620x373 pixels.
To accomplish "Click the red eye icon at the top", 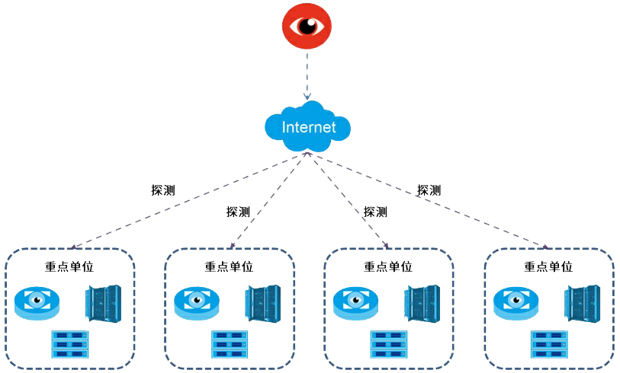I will point(307,26).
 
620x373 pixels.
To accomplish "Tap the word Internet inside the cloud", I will point(308,127).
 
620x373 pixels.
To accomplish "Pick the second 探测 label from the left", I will point(237,212).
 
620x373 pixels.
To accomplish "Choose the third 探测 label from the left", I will point(374,212).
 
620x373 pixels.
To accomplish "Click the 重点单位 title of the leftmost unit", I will point(69,267).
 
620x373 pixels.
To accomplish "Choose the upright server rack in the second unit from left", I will point(263,302).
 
